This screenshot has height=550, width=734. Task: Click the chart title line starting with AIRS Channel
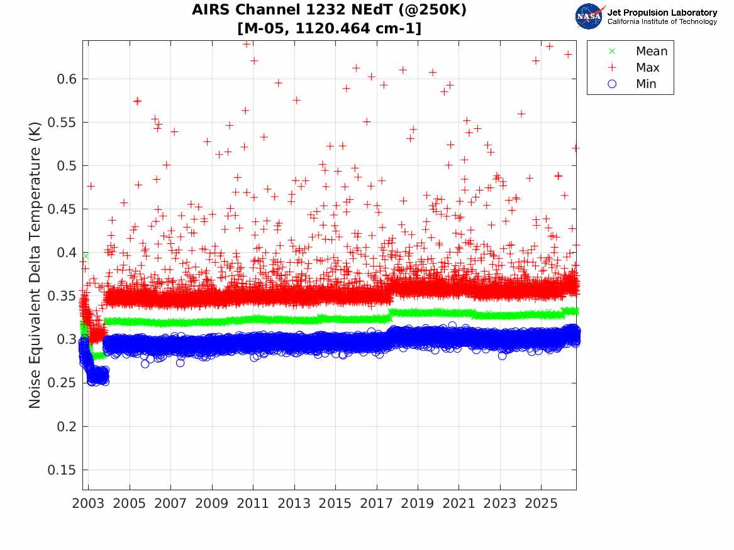329,10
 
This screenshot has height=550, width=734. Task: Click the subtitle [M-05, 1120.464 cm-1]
329,28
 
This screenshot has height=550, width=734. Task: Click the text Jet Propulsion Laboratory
662,13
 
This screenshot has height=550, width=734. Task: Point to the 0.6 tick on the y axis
67,79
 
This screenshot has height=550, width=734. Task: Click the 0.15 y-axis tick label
62,470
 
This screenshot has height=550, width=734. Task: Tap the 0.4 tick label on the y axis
67,253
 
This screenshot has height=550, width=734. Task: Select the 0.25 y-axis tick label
62,383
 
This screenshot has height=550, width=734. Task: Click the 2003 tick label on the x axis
88,503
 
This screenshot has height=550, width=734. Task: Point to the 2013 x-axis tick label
294,503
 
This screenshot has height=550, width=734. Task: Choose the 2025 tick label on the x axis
541,503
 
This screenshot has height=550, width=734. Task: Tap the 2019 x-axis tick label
418,503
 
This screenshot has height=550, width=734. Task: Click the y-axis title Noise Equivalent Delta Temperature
35,265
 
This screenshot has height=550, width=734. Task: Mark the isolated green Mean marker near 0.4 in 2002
86,256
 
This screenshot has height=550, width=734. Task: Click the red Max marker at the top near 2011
246,44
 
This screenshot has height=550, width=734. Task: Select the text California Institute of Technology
662,21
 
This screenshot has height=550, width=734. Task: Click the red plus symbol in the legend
612,67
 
